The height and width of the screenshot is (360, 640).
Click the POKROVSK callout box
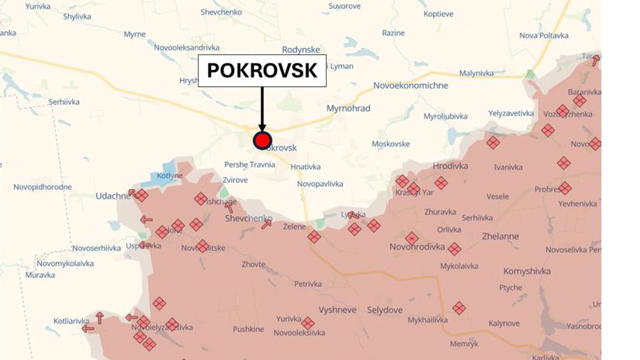point(263,71)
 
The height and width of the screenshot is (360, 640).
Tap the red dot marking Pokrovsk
point(262,140)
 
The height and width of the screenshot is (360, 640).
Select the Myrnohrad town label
point(348,108)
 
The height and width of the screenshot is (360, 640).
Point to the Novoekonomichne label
point(410,85)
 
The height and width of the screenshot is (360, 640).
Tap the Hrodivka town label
point(451,166)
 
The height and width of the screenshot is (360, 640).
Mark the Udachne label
point(112,196)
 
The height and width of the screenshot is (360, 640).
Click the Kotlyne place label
point(170,176)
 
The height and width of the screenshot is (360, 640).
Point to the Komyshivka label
point(527,271)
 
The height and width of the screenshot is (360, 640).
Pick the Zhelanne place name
point(500,236)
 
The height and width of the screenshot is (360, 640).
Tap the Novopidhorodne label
point(43,187)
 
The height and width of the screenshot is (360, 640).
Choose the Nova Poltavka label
point(544,35)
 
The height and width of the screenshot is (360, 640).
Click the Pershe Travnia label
point(250,164)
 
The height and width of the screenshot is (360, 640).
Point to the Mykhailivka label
point(429,320)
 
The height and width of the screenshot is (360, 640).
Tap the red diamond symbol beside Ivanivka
point(493,143)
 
